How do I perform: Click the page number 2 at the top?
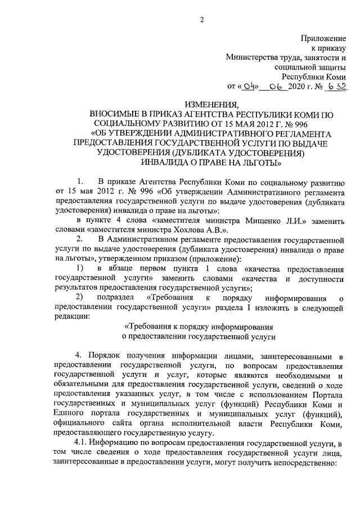(x=201, y=21)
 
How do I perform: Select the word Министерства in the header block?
(x=251, y=57)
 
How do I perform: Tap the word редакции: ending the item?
(x=70, y=317)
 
